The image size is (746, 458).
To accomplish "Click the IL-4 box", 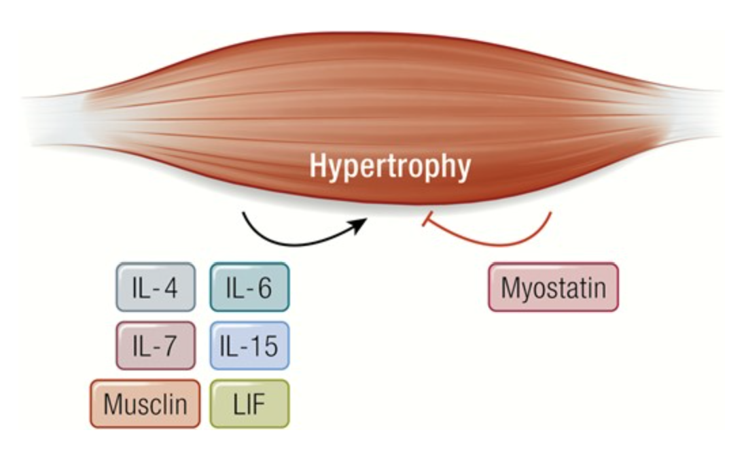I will pos(155,287).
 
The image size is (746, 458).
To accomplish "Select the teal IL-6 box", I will pos(249,287).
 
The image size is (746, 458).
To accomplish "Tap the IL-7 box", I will pos(155,346).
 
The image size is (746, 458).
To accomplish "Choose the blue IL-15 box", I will pos(249,346).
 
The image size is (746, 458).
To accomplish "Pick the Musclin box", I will pos(145,404).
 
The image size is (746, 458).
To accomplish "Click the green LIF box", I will pos(249,404).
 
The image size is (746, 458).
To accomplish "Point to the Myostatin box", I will pos(553,287).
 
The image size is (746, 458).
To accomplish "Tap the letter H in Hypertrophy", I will pos(318,166).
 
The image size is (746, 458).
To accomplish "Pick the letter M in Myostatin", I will pos(510,287).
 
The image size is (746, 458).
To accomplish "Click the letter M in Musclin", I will pos(112,404).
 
